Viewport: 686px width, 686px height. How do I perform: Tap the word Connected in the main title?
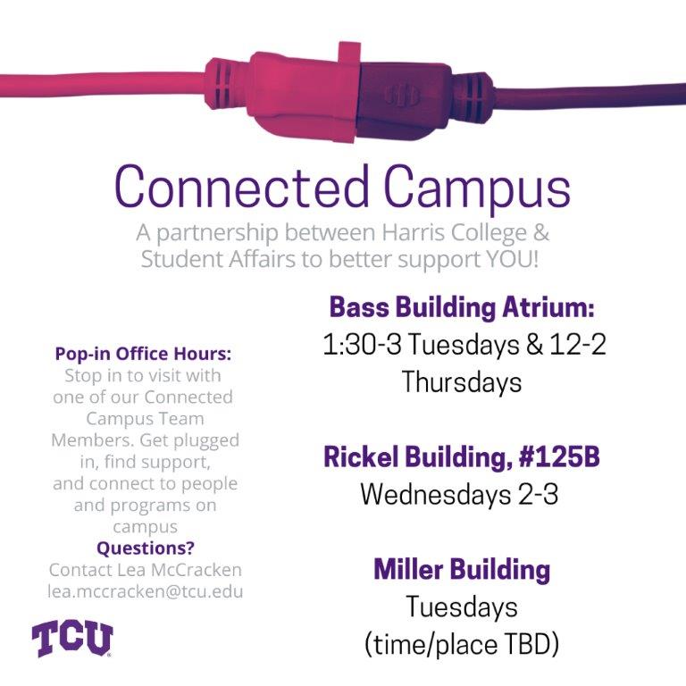[241, 188]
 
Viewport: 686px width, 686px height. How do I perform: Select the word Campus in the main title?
[477, 188]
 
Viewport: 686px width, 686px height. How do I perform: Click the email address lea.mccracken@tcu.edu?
[146, 591]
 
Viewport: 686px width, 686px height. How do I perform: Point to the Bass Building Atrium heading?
[462, 308]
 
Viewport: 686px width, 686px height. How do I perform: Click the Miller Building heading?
[462, 569]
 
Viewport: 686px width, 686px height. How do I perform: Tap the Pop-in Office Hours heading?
[146, 354]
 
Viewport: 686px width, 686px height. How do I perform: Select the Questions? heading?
[146, 548]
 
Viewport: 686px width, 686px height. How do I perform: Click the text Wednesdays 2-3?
[459, 494]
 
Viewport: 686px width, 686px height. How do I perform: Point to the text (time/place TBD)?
[462, 643]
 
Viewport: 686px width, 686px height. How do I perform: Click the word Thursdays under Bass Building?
[462, 382]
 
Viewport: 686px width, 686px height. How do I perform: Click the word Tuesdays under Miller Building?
[462, 607]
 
